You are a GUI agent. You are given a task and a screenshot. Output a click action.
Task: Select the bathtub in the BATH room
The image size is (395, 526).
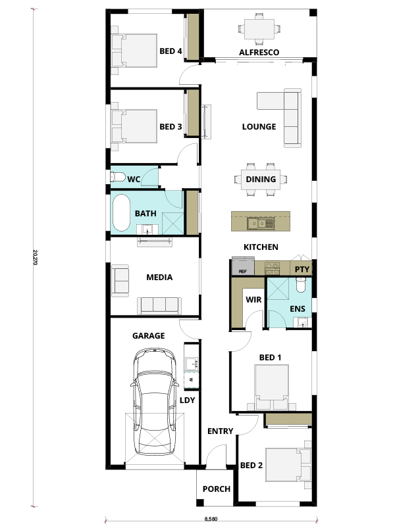point(122,214)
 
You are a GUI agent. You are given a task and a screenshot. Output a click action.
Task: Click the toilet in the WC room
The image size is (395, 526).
point(117,177)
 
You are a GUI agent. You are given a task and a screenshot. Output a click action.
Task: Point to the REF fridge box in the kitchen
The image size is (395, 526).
point(242,268)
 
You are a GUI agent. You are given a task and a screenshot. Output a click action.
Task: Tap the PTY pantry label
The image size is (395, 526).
point(302,270)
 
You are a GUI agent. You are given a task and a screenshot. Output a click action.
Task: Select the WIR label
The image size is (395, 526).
point(253,299)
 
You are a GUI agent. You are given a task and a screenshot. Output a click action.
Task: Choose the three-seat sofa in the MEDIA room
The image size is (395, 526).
point(158,304)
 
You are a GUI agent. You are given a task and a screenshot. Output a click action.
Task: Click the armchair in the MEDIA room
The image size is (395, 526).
point(121,279)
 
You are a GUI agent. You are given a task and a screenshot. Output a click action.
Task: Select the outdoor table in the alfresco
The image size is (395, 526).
point(259,28)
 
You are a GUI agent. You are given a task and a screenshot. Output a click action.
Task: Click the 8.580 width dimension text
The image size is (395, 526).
point(212,519)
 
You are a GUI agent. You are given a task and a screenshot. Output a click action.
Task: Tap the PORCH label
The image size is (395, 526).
point(216,489)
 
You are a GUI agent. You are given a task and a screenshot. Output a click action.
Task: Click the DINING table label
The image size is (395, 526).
point(260,179)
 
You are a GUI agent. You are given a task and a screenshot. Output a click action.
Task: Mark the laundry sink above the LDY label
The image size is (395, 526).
point(191,362)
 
